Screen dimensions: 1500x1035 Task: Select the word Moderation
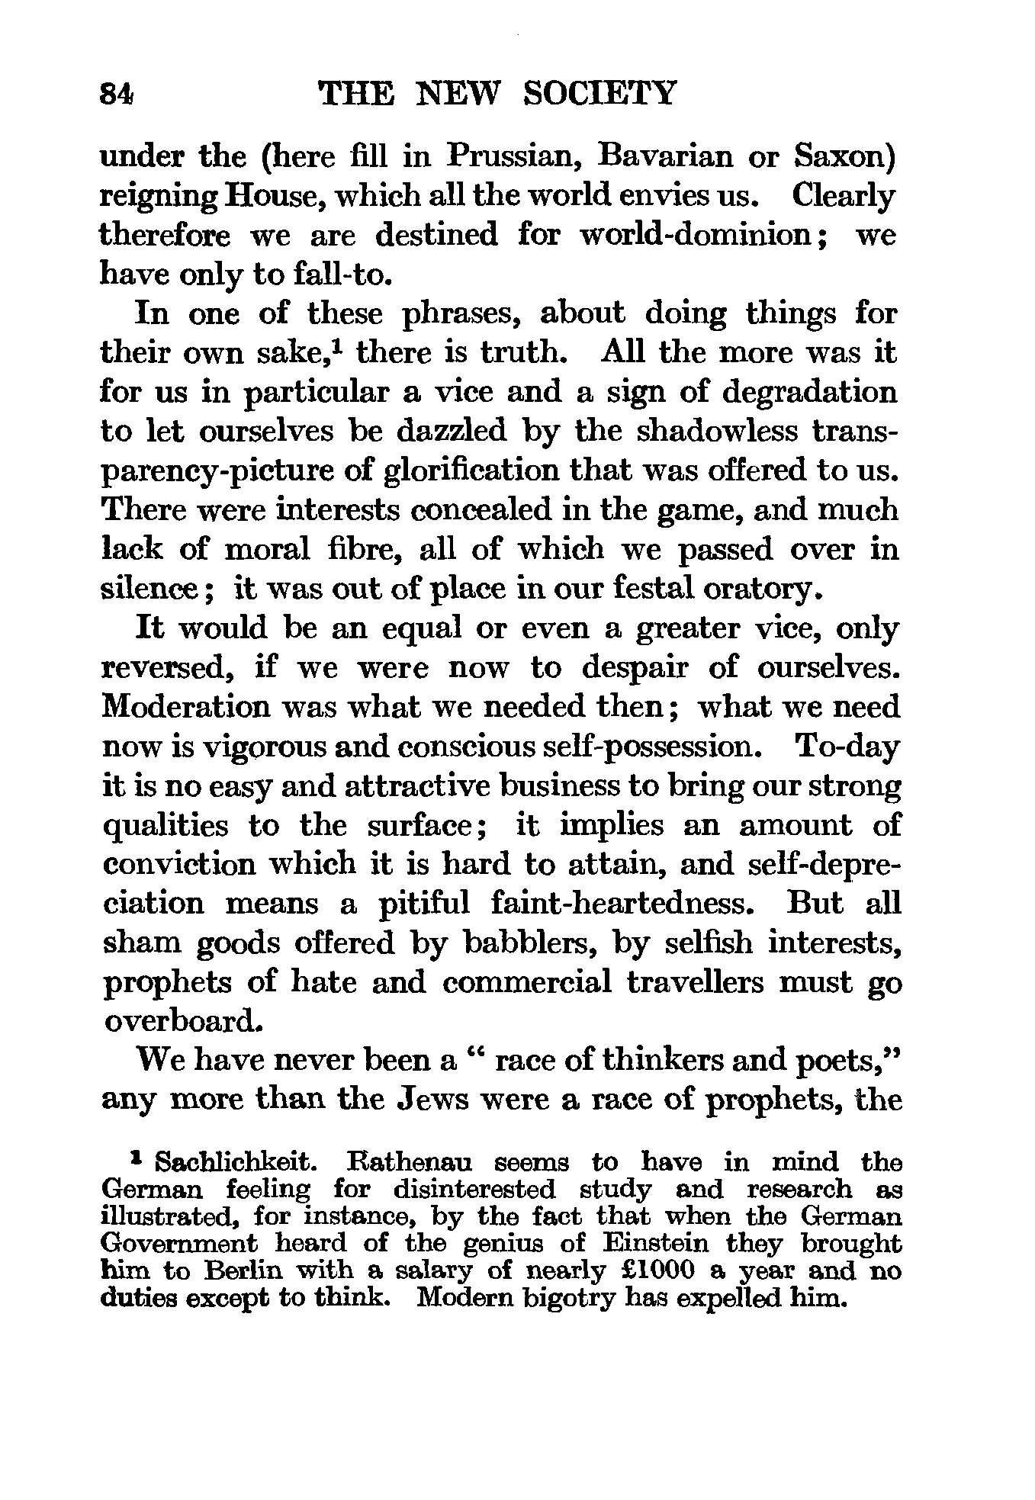(185, 708)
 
